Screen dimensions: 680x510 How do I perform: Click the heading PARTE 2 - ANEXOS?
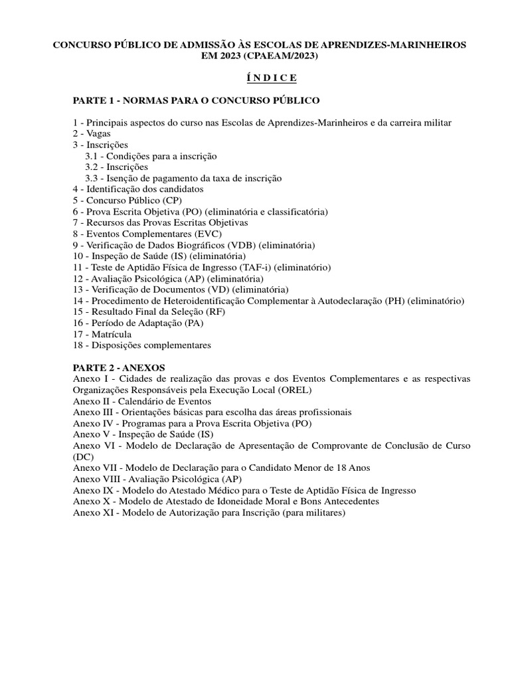(x=120, y=367)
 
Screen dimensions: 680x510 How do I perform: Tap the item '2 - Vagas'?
(x=92, y=133)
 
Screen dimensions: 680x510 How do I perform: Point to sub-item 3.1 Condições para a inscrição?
(x=151, y=156)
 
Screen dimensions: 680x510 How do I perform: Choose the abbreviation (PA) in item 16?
(x=193, y=323)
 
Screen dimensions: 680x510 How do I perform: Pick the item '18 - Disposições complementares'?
(x=141, y=345)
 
